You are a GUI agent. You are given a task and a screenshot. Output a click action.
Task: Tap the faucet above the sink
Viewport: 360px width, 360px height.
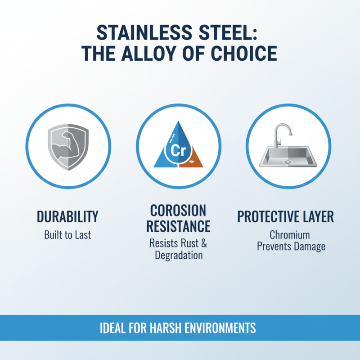coord(282,135)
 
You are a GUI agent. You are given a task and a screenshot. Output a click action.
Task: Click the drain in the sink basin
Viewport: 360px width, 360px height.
coord(288,160)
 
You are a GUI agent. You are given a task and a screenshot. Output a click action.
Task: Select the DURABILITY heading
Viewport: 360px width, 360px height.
coord(67,217)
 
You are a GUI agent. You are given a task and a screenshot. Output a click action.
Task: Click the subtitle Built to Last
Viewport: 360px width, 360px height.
coord(67,235)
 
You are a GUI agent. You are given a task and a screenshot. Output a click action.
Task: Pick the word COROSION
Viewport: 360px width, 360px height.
coord(178,211)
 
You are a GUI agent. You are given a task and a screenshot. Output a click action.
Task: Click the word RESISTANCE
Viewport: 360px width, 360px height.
coord(178,226)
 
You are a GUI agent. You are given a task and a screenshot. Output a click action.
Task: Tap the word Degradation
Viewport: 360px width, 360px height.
coord(179,256)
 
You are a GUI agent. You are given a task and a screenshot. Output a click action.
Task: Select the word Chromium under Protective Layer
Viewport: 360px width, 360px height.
coord(290,235)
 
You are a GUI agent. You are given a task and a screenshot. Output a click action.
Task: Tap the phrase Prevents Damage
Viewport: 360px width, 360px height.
coord(291,247)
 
